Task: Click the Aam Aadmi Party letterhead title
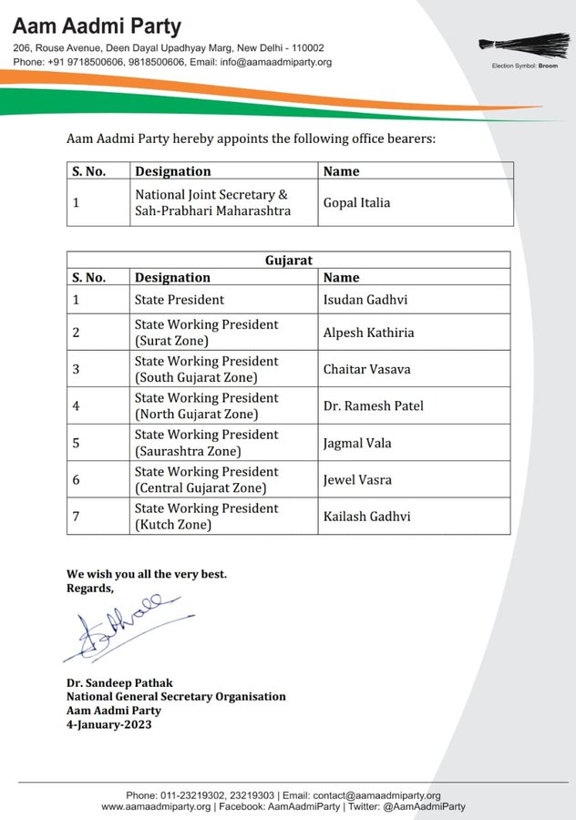click(x=97, y=26)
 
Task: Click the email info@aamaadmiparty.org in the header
click(x=273, y=62)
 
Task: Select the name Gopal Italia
click(x=356, y=202)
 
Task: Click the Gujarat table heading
click(x=288, y=261)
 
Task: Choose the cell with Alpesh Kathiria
click(x=368, y=333)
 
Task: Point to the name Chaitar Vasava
click(x=366, y=369)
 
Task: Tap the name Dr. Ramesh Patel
click(x=373, y=405)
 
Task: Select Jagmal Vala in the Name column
click(x=357, y=443)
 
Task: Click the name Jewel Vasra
click(x=357, y=479)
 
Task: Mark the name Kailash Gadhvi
click(x=366, y=516)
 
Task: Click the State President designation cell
click(x=179, y=299)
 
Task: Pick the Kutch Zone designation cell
click(x=206, y=516)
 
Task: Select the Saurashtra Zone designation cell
click(x=206, y=443)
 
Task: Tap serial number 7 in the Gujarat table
click(x=77, y=516)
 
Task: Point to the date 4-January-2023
click(x=108, y=725)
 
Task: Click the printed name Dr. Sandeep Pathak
click(x=119, y=682)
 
